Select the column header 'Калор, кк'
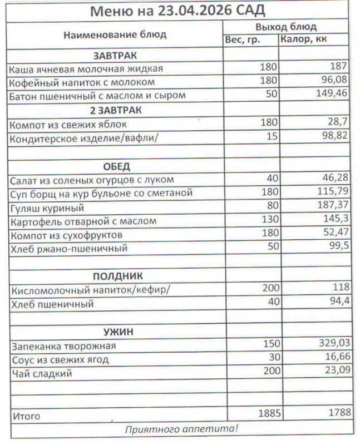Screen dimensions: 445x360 tap(303, 39)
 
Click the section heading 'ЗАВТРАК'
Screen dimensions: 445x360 tap(115, 56)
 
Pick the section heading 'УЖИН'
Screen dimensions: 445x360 tap(115, 332)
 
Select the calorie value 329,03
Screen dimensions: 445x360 tap(332, 345)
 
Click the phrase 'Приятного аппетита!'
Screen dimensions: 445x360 tap(181, 428)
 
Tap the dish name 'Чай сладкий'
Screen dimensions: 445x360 tap(42, 374)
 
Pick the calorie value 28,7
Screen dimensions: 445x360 tap(339, 122)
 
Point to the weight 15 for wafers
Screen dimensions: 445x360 tap(272, 136)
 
